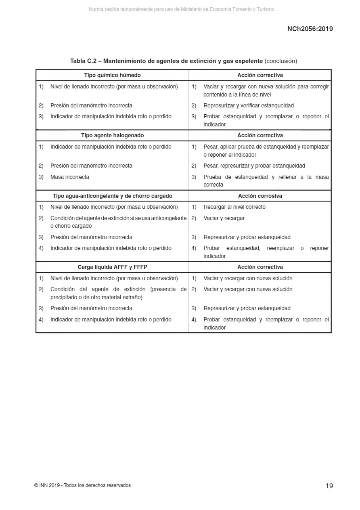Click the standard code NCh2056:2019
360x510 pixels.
(310, 29)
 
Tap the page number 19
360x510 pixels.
(329, 486)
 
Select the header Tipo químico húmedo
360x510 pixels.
(112, 75)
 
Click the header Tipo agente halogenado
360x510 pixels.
(112, 135)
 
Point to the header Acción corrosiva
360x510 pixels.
(260, 196)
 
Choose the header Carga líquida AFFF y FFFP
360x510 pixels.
(112, 267)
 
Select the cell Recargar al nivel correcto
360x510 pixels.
(234, 207)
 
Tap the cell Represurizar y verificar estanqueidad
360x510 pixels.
(249, 105)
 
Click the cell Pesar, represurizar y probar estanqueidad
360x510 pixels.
(254, 166)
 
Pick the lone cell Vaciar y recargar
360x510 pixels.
(224, 218)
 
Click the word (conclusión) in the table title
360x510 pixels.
(281, 61)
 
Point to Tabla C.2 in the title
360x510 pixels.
(83, 61)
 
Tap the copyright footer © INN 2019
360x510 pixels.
(82, 485)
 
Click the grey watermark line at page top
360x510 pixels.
(181, 9)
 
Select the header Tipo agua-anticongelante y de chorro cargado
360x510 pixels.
(112, 196)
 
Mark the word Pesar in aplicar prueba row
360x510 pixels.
(210, 147)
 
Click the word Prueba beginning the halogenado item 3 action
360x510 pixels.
(213, 177)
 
